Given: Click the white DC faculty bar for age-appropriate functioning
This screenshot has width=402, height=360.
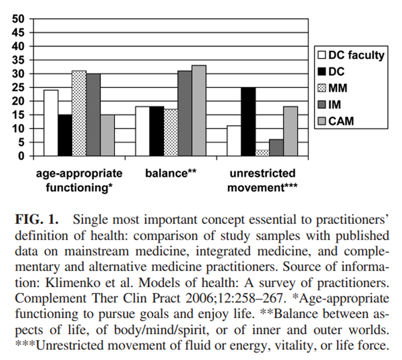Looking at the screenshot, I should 51,123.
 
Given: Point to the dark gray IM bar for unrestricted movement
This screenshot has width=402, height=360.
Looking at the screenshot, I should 276,147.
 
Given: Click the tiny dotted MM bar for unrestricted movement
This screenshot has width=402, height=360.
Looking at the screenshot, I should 262,153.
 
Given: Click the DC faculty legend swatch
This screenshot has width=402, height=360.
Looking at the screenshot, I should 321,55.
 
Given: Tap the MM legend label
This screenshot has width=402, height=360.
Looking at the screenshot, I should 338,88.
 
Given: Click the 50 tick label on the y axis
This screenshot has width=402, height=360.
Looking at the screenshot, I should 18,19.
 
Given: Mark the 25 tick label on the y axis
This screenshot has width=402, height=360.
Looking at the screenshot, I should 18,87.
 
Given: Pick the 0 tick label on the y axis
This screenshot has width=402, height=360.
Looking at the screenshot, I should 21,156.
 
